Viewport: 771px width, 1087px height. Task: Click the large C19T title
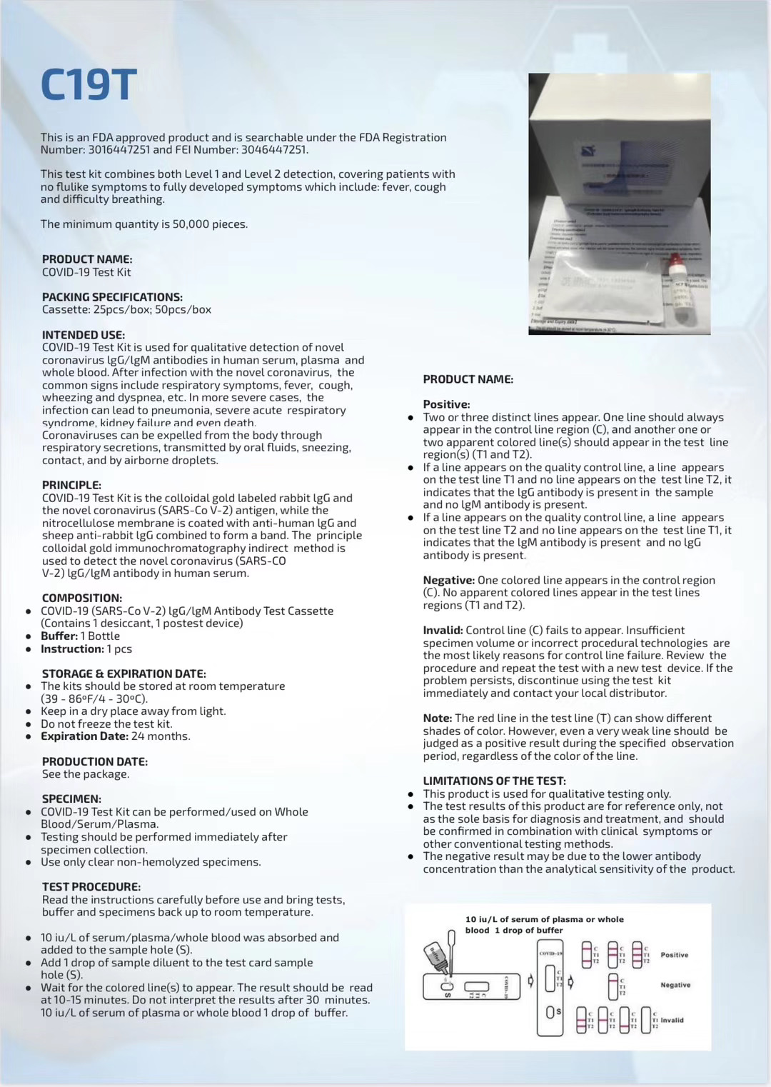coord(89,85)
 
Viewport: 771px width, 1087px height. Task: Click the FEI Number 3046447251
coord(274,150)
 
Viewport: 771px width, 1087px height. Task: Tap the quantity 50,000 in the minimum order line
coord(189,224)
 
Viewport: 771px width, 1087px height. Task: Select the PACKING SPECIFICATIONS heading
coord(112,297)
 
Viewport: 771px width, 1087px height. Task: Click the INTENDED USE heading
coord(84,335)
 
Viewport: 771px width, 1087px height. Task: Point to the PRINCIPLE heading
coord(71,485)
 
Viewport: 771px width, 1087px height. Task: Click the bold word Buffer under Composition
coord(59,636)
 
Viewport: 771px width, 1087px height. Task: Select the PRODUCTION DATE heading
coord(95,761)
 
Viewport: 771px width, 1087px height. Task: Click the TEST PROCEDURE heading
coord(91,887)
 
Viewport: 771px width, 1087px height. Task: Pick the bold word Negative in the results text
coord(448,581)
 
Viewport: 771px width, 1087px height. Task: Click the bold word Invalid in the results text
coord(443,631)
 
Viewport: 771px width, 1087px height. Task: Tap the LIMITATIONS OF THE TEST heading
coord(494,781)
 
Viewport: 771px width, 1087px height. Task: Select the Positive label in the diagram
coord(674,955)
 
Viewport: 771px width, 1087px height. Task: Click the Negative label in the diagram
coord(675,985)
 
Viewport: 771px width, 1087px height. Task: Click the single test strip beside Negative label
coord(613,986)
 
